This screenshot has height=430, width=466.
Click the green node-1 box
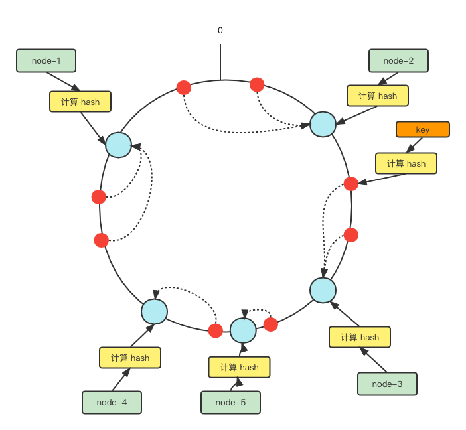46,61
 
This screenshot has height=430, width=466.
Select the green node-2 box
398,61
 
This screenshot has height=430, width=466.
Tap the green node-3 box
387,384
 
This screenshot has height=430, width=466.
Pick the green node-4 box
112,402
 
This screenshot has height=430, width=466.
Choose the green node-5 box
230,402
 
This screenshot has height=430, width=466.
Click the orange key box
422,129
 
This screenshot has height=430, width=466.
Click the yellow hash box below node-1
80,102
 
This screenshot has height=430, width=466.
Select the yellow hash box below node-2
377,96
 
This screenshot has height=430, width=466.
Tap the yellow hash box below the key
406,163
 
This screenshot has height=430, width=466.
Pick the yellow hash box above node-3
359,337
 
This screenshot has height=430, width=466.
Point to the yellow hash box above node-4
129,358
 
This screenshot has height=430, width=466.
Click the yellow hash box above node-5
239,367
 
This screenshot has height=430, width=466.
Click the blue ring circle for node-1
119,145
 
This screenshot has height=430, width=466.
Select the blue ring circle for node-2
323,124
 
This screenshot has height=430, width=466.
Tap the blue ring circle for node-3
323,290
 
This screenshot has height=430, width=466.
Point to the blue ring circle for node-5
243,330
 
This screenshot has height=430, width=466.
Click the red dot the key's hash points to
351,184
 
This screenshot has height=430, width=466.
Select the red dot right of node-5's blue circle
270,324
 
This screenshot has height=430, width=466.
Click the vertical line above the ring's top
220,62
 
